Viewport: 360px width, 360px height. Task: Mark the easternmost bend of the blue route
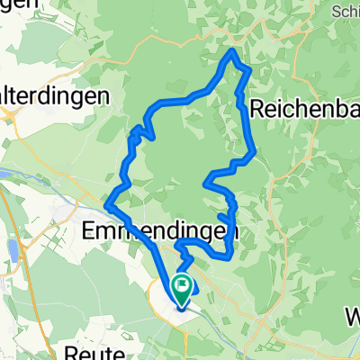(254, 153)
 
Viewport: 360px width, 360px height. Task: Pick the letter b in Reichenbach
(338, 109)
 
